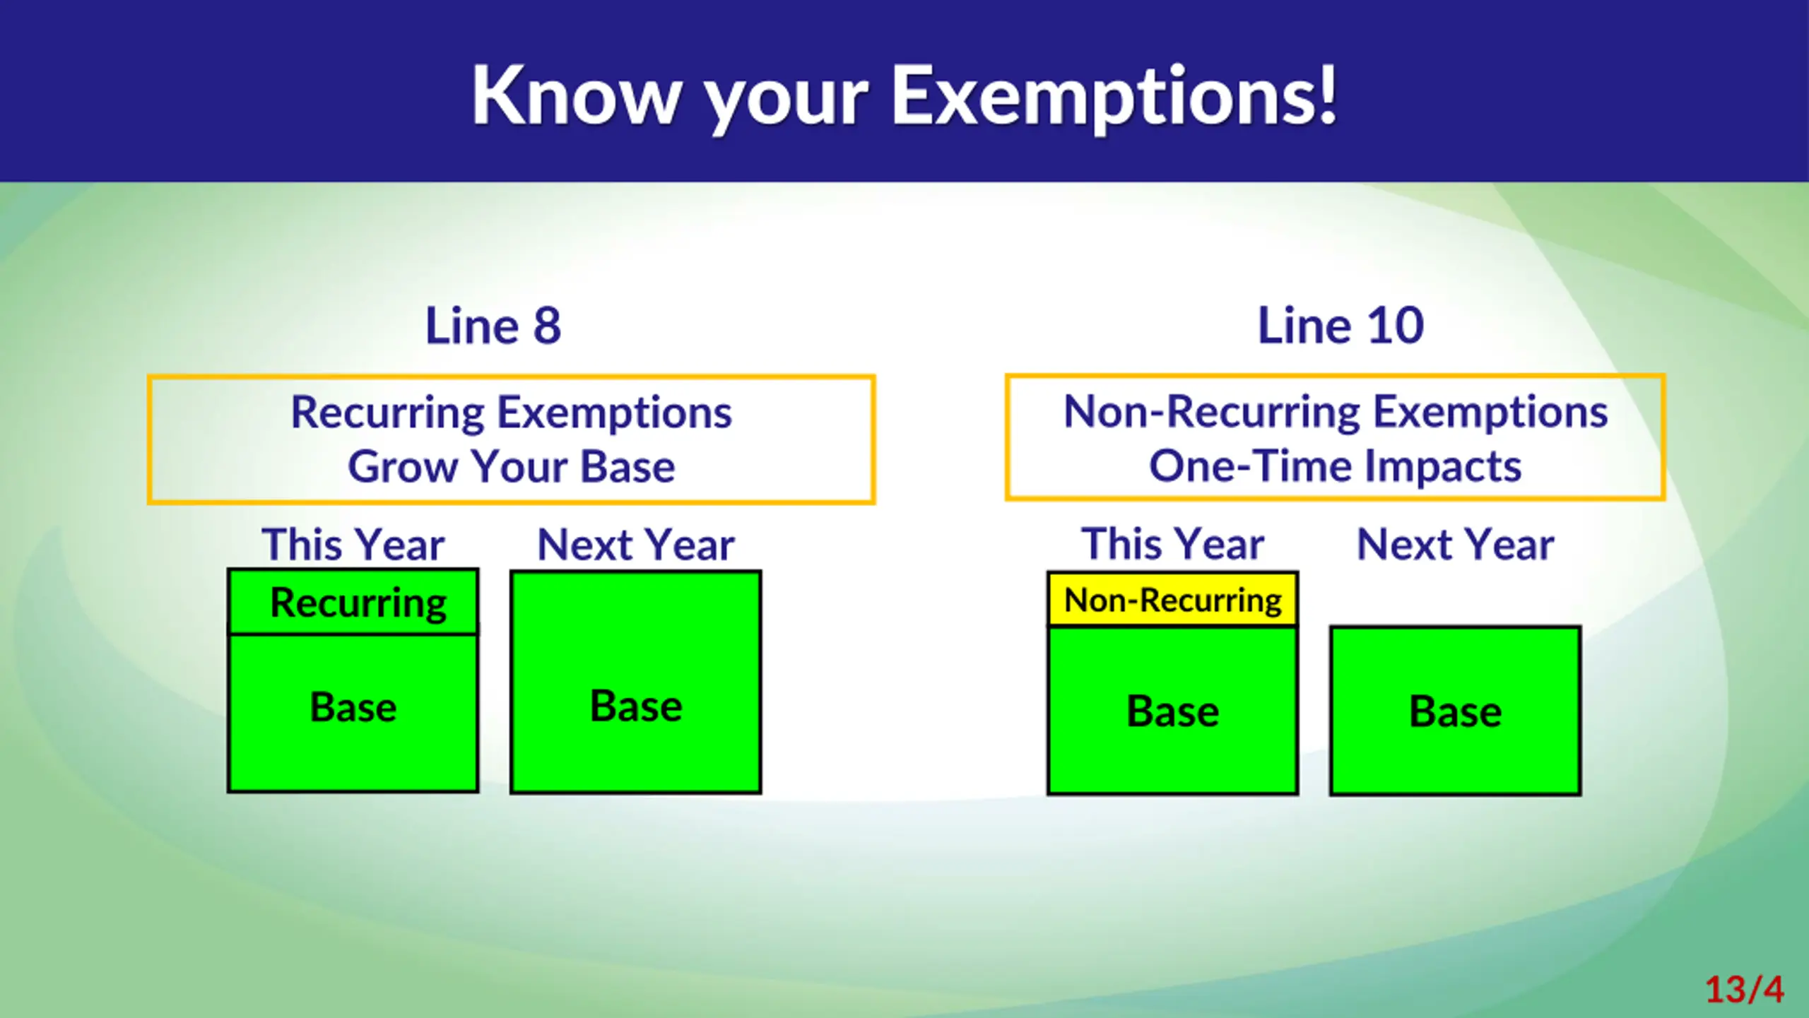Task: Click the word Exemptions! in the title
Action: click(1114, 97)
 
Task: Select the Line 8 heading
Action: click(493, 326)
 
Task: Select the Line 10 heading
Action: click(1340, 326)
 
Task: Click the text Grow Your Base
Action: click(512, 467)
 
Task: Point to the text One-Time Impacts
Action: click(1335, 466)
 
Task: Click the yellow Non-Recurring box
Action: click(1173, 600)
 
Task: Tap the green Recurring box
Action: click(353, 602)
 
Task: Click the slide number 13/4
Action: click(1745, 989)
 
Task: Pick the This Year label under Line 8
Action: click(353, 545)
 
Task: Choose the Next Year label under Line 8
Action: click(636, 545)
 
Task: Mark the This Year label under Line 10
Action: click(1173, 544)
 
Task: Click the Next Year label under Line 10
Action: click(1456, 544)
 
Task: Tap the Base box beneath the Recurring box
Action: click(353, 713)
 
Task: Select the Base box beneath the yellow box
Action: click(1173, 711)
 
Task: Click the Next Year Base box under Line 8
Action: click(636, 682)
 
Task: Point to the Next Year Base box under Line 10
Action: click(1456, 711)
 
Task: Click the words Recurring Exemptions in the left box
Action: click(512, 413)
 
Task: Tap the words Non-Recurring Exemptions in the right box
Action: click(1336, 412)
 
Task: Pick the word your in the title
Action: click(786, 103)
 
